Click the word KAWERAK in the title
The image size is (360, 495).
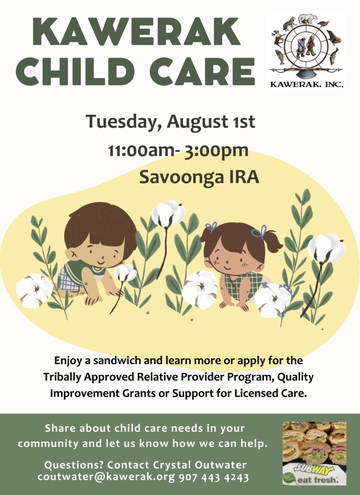pyautogui.click(x=136, y=31)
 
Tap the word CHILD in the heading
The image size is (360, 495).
pyautogui.click(x=73, y=72)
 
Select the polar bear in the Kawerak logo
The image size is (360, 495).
pyautogui.click(x=308, y=19)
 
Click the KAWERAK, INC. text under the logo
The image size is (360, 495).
pyautogui.click(x=307, y=85)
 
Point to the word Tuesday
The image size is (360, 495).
pyautogui.click(x=121, y=122)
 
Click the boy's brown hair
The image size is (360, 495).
pyautogui.click(x=100, y=222)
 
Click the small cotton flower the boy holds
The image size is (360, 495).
pyautogui.click(x=125, y=273)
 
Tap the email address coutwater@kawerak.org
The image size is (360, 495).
pyautogui.click(x=106, y=477)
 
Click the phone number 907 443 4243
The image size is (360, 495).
pyautogui.click(x=214, y=477)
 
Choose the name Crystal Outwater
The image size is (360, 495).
pyautogui.click(x=200, y=465)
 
